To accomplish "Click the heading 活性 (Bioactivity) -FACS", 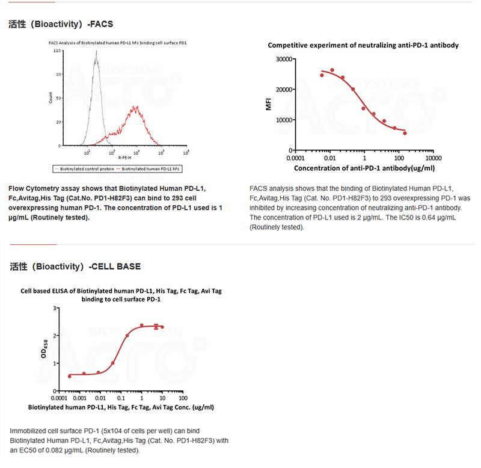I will click(61, 25).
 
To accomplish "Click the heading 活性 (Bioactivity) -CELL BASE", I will click(75, 266).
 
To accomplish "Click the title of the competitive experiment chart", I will click(363, 45).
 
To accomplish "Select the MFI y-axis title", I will click(269, 105).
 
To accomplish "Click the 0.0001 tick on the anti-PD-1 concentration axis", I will click(295, 158).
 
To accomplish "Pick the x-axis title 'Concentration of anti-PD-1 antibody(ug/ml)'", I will click(364, 168).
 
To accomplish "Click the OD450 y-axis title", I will click(44, 349).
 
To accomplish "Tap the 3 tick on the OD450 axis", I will click(55, 308).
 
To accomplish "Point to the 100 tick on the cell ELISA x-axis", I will click(183, 398).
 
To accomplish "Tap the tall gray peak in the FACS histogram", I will click(96, 54).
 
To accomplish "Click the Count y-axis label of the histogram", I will click(50, 97).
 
